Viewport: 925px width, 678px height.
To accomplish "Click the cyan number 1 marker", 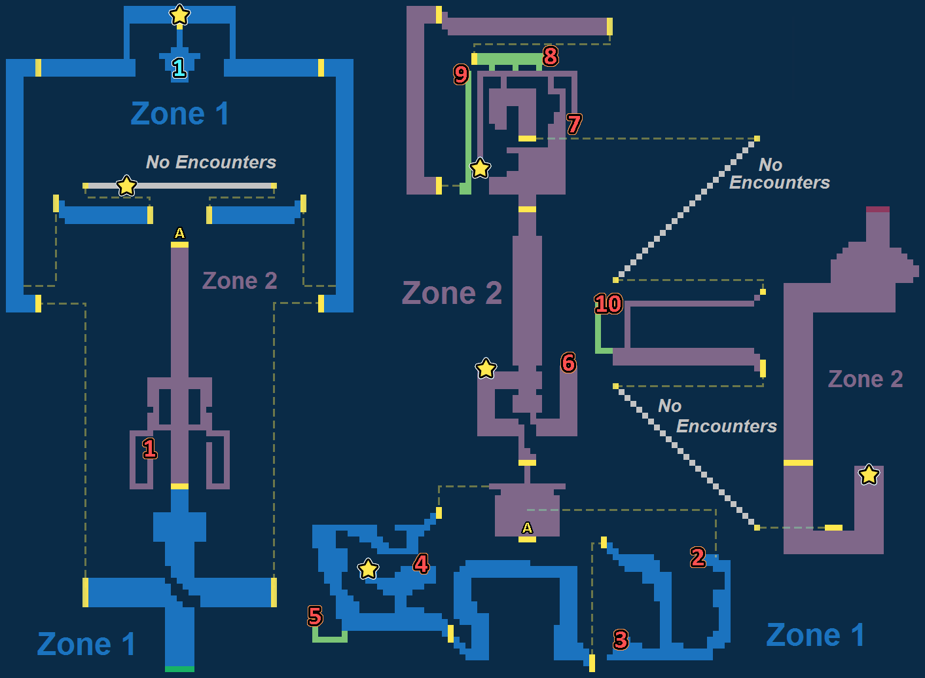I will pos(179,67).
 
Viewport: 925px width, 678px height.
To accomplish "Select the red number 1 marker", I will pos(150,449).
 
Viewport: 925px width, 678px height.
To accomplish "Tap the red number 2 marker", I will pos(698,557).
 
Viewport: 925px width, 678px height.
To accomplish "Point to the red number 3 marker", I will pos(621,639).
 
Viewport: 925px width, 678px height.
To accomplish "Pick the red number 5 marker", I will pos(315,616).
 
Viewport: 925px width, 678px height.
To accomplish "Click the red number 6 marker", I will pos(568,362).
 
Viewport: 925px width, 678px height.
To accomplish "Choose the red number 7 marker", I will pos(574,124).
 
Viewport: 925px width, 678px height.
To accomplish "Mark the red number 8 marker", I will pos(551,56).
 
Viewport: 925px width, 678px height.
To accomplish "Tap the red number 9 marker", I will pos(461,74).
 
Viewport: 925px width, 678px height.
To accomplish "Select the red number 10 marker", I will pos(608,303).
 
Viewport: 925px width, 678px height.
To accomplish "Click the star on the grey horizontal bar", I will pos(126,186).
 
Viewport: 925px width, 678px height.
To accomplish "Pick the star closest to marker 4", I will pos(368,569).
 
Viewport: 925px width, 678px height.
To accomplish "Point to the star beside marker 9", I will pos(480,168).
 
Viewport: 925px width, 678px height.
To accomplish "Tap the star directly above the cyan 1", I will pos(179,14).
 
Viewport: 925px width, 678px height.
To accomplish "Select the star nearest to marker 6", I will pos(486,369).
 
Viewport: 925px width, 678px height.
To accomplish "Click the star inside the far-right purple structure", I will pos(869,474).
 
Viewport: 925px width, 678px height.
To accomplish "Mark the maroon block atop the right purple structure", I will pos(878,210).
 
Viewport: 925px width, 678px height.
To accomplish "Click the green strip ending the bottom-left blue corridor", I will pos(179,669).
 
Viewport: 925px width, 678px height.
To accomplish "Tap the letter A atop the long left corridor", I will pos(179,233).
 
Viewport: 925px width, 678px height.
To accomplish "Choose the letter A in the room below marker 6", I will pos(527,528).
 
